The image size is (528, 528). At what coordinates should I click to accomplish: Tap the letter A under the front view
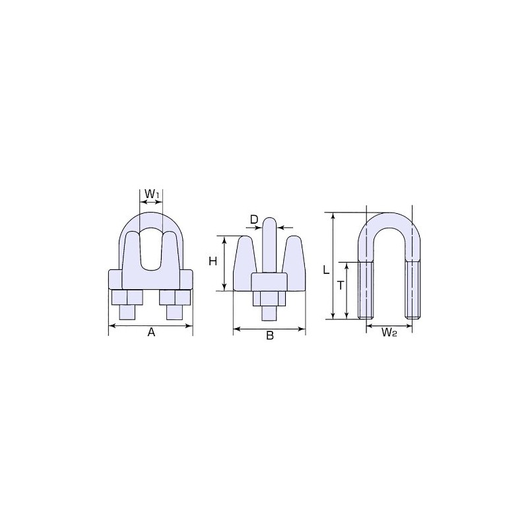tap(150, 334)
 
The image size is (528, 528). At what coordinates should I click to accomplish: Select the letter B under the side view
tap(269, 336)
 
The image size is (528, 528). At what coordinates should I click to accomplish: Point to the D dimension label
tap(254, 218)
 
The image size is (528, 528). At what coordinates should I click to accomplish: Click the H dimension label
tap(213, 261)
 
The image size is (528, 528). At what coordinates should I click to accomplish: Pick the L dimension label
tap(325, 269)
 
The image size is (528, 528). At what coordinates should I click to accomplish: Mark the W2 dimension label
tap(389, 333)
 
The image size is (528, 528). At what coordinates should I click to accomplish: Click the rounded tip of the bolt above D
tap(269, 222)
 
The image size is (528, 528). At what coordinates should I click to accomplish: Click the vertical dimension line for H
tap(226, 263)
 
